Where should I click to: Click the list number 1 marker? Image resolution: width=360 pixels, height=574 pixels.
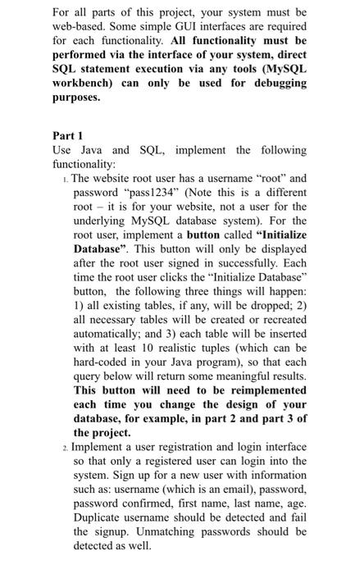point(65,178)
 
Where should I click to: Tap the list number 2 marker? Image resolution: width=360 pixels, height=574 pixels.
point(65,447)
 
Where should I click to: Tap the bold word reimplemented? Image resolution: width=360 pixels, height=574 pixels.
point(260,390)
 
